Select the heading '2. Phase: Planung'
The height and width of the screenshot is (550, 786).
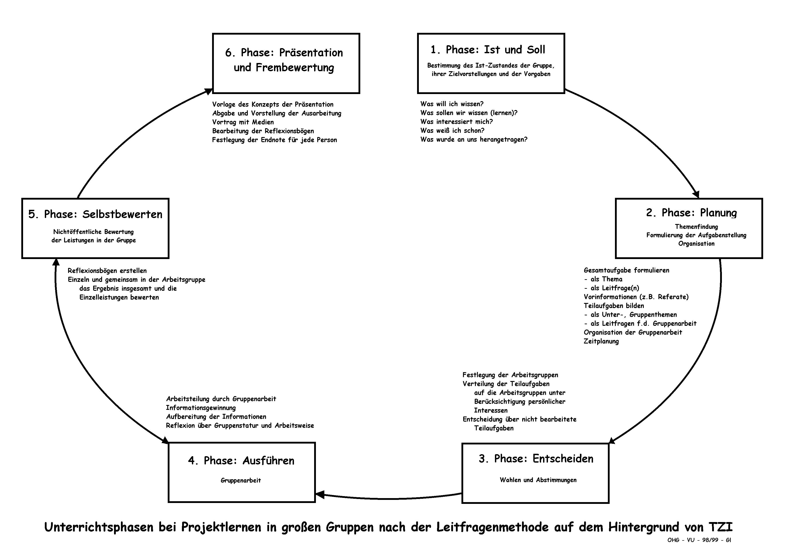691,213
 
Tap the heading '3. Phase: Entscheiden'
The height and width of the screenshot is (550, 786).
536,459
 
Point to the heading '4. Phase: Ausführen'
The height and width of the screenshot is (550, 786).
241,461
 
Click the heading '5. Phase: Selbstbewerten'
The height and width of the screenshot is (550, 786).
95,214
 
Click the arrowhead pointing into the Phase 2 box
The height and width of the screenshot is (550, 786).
696,195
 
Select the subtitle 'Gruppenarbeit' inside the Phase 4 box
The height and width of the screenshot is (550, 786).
241,481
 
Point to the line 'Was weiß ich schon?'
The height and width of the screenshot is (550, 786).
452,130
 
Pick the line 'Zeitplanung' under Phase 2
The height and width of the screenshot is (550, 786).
601,341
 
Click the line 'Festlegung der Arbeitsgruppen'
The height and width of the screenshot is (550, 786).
510,375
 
